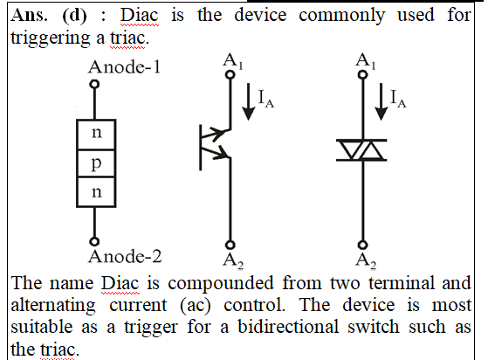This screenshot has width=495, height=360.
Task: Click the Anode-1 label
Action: click(x=124, y=67)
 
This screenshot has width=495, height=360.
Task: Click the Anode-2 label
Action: click(x=125, y=256)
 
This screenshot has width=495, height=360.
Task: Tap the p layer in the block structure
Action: click(x=96, y=163)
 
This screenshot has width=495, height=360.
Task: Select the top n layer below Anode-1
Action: click(x=96, y=134)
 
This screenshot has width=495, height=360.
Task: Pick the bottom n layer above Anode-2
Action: click(x=96, y=192)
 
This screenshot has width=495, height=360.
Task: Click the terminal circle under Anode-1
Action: click(x=94, y=85)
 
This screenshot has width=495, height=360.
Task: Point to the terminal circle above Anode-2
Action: click(x=94, y=241)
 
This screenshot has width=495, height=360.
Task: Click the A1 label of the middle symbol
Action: click(x=233, y=61)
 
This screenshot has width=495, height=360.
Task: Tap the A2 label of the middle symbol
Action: click(x=233, y=261)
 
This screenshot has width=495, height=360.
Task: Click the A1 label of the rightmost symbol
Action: click(x=366, y=61)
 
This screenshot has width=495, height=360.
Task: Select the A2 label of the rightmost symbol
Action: click(x=366, y=261)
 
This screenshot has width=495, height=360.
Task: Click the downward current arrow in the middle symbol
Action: click(x=249, y=101)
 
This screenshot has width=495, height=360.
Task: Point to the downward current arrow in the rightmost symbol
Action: click(x=381, y=101)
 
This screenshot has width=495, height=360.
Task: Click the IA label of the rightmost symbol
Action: click(x=398, y=99)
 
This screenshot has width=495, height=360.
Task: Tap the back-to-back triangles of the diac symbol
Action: click(x=361, y=150)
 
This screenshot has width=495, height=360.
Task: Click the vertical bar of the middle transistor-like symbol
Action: click(x=201, y=148)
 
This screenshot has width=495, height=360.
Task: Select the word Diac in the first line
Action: click(x=139, y=15)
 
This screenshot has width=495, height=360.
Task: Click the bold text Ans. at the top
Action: click(x=30, y=15)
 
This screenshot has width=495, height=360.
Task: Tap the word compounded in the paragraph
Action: click(x=221, y=283)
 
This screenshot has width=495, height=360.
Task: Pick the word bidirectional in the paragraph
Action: click(x=288, y=327)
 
